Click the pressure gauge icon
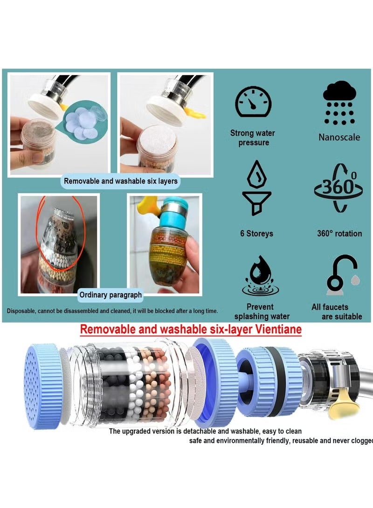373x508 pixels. [x=252, y=101]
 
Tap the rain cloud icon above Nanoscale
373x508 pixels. [x=339, y=102]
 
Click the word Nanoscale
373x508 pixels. [x=339, y=137]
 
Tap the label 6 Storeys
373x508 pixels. [x=256, y=233]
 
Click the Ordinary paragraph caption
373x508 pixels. [x=111, y=295]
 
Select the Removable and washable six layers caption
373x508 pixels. [x=121, y=181]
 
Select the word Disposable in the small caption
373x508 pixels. [x=22, y=311]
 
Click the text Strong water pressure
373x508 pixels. [x=253, y=138]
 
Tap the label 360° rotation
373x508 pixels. [x=339, y=233]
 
